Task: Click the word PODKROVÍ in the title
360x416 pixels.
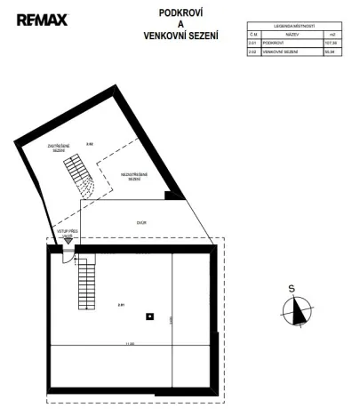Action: tap(180, 13)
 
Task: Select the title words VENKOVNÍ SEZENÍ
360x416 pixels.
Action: tap(180, 36)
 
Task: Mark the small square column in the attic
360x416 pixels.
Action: tap(151, 315)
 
